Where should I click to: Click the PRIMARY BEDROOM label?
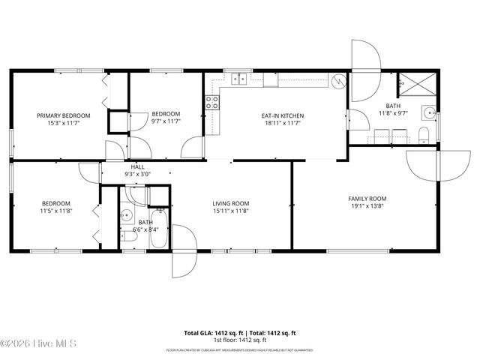64,115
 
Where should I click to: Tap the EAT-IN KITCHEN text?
282,115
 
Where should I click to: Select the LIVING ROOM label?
230,203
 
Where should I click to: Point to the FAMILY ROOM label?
368,199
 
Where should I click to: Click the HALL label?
137,166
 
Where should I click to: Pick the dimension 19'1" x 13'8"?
368,206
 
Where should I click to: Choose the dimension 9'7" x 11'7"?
166,122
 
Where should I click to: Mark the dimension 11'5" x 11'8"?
55,211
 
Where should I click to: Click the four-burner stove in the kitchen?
211,103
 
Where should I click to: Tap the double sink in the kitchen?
241,77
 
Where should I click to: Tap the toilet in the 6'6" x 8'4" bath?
127,236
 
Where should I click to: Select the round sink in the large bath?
428,113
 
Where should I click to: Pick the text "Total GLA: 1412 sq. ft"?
210,332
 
